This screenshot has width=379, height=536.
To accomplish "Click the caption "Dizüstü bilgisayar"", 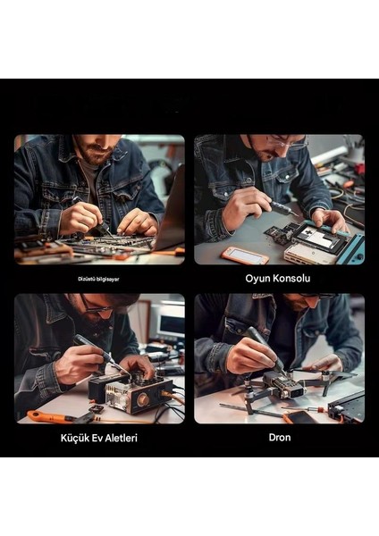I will coord(98,279).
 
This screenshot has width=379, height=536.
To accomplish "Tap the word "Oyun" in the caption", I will coord(259,278).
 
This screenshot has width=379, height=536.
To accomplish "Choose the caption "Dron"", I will coord(280,439).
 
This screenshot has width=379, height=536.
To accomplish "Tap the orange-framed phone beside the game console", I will coord(245,255).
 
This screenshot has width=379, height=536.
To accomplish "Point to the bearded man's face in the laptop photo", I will coord(97,147).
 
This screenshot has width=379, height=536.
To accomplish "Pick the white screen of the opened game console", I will coord(318,239).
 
